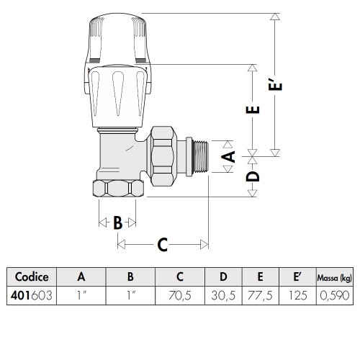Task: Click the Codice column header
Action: (32, 276)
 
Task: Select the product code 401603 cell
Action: (32, 295)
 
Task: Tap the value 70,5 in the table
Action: (180, 295)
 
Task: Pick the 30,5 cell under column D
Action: (223, 295)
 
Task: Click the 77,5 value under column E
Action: (260, 295)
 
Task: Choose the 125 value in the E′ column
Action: (297, 295)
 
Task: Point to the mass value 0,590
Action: (335, 295)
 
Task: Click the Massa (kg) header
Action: (335, 278)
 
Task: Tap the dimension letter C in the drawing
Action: (163, 245)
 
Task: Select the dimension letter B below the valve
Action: (117, 222)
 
